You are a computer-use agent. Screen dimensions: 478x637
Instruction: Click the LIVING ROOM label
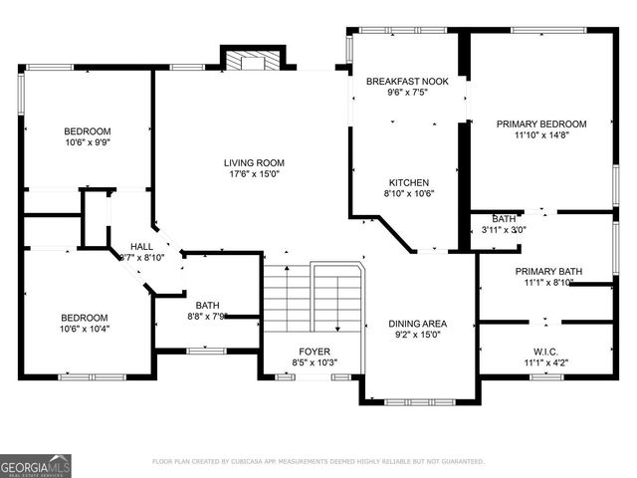(x=253, y=162)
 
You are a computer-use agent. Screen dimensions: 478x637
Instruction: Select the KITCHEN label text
(x=408, y=182)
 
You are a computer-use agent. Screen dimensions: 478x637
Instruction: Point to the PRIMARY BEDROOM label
(x=541, y=123)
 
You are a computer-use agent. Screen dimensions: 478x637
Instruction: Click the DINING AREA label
(x=417, y=324)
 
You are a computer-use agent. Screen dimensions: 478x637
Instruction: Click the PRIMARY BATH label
(x=542, y=271)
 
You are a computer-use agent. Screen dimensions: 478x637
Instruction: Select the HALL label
(x=141, y=245)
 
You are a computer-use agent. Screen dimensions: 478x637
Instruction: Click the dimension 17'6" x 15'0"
(x=253, y=175)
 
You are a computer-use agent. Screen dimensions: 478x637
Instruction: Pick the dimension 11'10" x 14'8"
(x=541, y=136)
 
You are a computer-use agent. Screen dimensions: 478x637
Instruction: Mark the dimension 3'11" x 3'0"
(x=503, y=230)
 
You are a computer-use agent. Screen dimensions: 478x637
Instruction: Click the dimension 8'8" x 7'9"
(x=207, y=317)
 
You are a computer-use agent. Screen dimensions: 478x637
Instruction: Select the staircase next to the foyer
(x=313, y=299)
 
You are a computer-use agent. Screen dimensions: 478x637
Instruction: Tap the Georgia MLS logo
(x=36, y=465)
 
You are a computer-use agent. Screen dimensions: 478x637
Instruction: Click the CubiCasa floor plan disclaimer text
(x=318, y=462)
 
